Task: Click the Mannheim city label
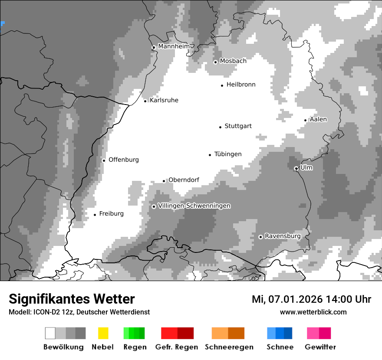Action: (174, 46)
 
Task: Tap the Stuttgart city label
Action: (238, 126)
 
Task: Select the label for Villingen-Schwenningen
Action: (194, 206)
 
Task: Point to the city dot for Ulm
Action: (296, 168)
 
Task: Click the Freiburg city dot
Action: (95, 215)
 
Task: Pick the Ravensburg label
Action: (283, 236)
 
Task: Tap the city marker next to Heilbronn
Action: (222, 85)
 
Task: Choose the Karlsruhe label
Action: (164, 100)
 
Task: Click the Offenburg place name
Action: (123, 160)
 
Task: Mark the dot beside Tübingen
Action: (210, 155)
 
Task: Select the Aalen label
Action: (318, 119)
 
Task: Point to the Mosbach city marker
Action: (215, 62)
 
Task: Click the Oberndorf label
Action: (184, 180)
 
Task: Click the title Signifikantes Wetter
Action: (72, 299)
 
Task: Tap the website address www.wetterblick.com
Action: (313, 312)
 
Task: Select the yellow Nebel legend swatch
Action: (103, 333)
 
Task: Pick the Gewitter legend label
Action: (320, 347)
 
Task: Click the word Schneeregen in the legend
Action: (229, 347)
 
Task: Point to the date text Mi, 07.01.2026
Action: (287, 299)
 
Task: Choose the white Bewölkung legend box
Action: (50, 333)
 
